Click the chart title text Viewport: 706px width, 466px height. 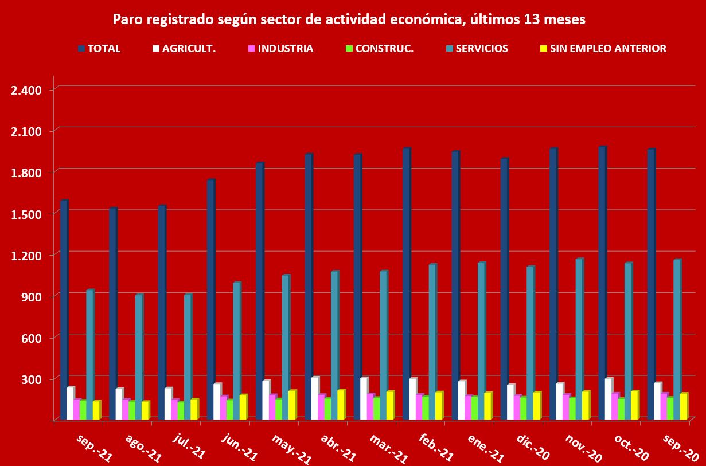click(x=349, y=19)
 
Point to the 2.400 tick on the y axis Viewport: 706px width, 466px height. click(x=26, y=90)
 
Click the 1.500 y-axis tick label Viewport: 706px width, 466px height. click(x=26, y=214)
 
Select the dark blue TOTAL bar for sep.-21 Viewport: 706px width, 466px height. click(x=64, y=310)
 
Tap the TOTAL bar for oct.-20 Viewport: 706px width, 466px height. click(x=602, y=284)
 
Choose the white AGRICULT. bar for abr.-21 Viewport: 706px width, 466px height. click(x=315, y=398)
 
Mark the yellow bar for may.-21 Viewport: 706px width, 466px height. click(x=292, y=405)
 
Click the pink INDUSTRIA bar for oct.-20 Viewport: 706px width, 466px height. click(x=615, y=406)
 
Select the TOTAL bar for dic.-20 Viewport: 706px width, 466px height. click(x=504, y=289)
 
